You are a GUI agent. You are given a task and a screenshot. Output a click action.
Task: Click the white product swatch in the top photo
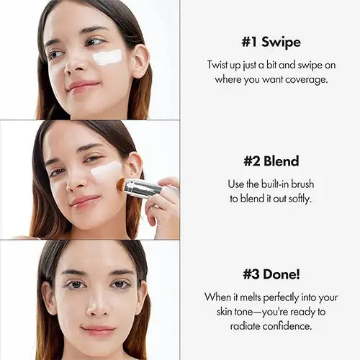click(x=107, y=57)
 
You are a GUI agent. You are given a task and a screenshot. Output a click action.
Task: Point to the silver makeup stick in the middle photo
click(x=142, y=188)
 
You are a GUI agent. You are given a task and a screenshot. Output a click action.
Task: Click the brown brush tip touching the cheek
click(x=121, y=184)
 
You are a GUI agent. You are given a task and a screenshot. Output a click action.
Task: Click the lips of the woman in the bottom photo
click(x=98, y=330)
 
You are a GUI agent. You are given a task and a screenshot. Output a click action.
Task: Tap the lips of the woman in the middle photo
click(x=84, y=200)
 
